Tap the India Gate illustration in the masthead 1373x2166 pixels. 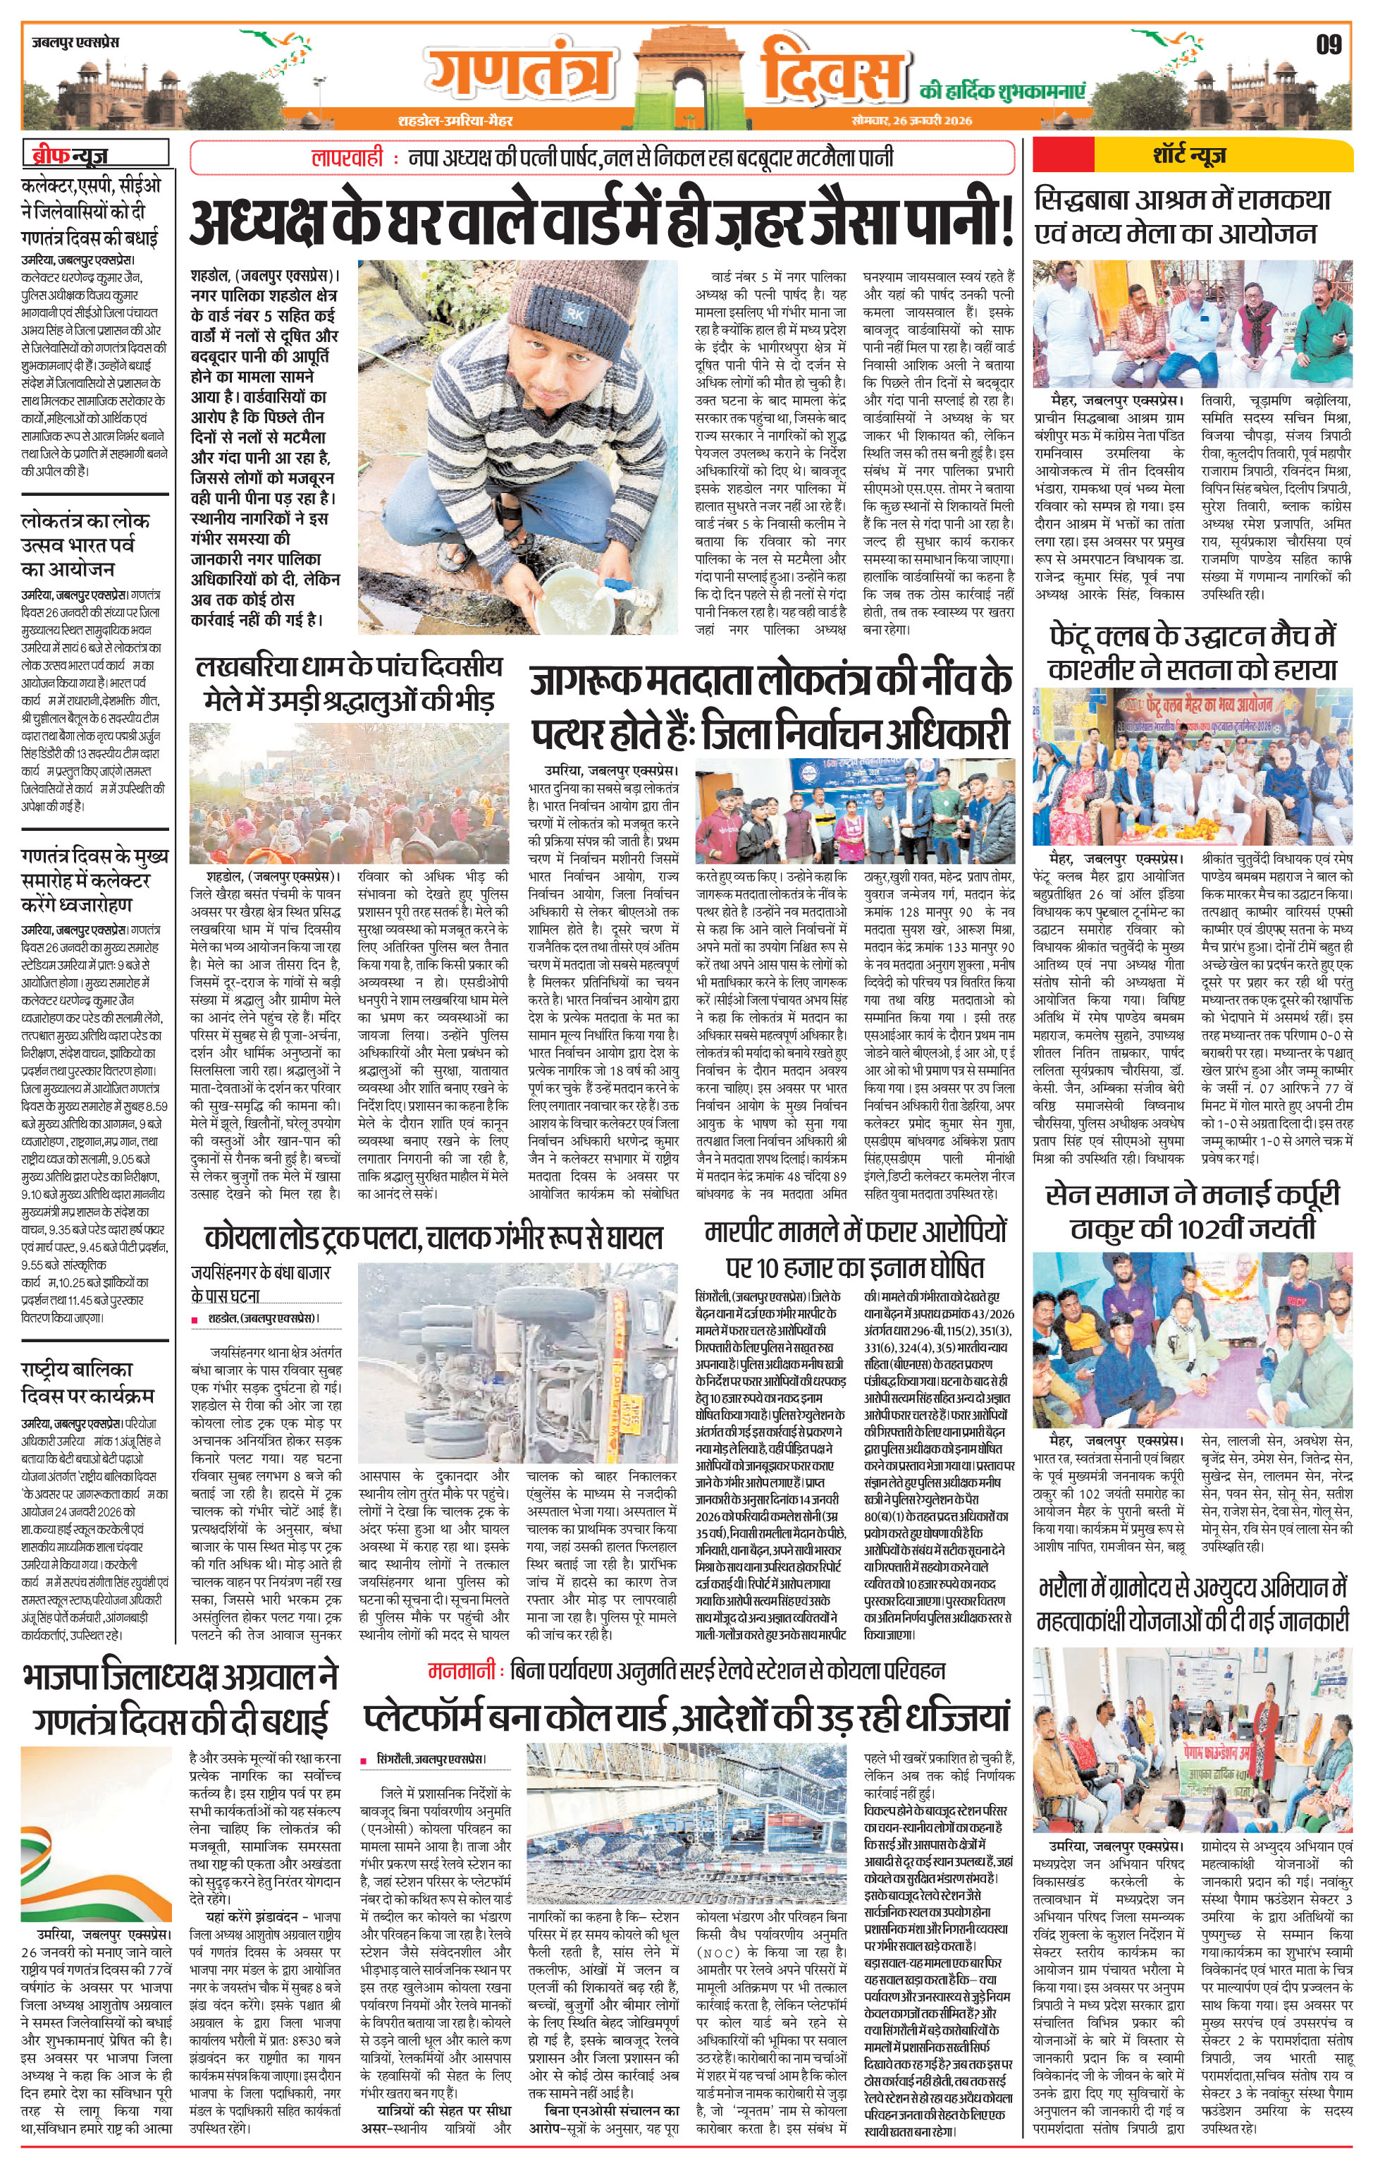tap(685, 74)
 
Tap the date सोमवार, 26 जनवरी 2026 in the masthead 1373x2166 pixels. tap(912, 121)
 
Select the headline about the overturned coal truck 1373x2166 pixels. tap(433, 1238)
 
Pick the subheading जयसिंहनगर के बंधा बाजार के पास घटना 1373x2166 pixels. tap(260, 1284)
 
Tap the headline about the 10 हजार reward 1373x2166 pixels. tap(854, 1248)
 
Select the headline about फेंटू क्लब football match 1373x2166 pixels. tap(1193, 653)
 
